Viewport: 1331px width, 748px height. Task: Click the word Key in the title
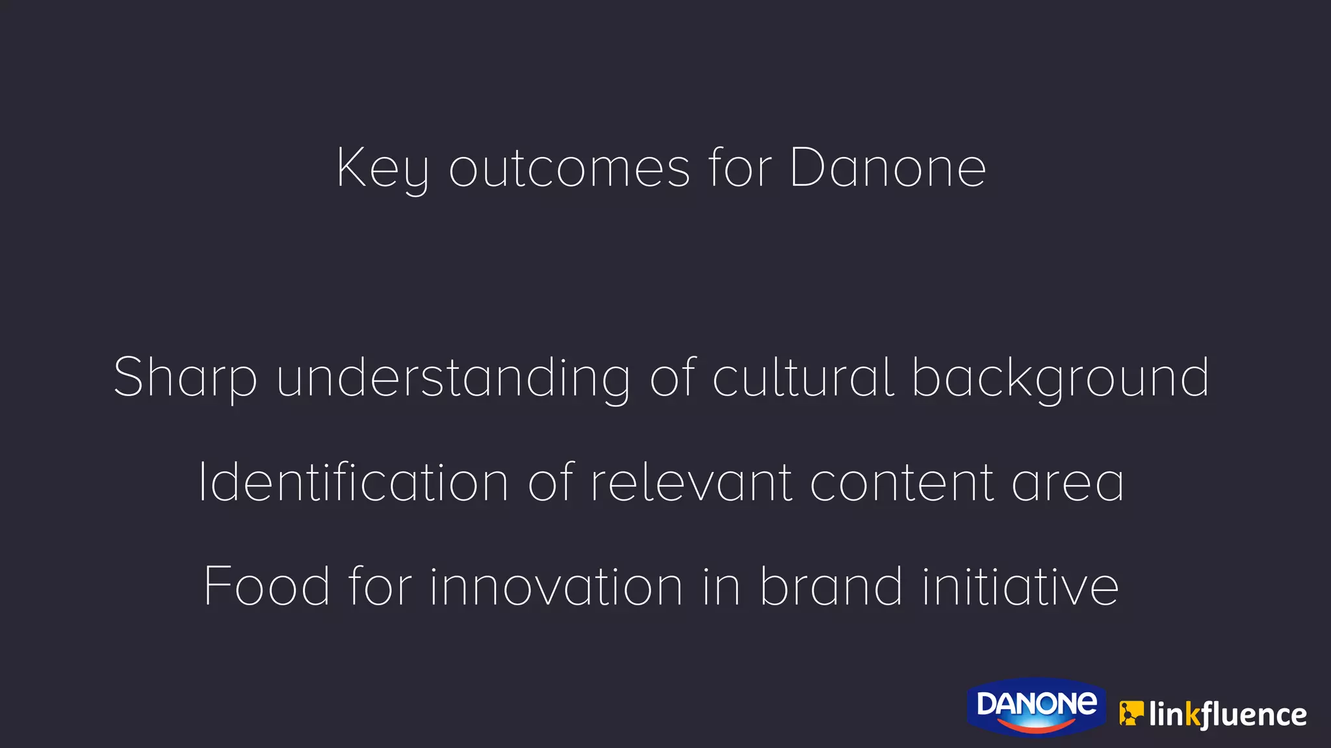pos(382,169)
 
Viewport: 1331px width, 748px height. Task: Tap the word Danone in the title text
pos(888,169)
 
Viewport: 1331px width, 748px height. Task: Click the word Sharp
pos(185,379)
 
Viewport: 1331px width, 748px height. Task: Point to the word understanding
pos(453,379)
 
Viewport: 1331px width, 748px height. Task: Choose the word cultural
pos(803,379)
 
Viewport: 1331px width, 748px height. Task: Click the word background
pos(1061,379)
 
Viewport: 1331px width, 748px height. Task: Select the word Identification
pos(354,482)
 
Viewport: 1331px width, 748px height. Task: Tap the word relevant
pos(691,482)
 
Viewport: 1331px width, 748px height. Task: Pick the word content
pos(902,482)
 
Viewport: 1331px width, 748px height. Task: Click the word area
pos(1068,482)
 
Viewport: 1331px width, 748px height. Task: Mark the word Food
pos(267,586)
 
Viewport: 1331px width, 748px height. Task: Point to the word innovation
pos(556,586)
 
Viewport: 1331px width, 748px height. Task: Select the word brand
pos(831,586)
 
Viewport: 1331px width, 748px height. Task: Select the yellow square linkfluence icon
pos(1131,714)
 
